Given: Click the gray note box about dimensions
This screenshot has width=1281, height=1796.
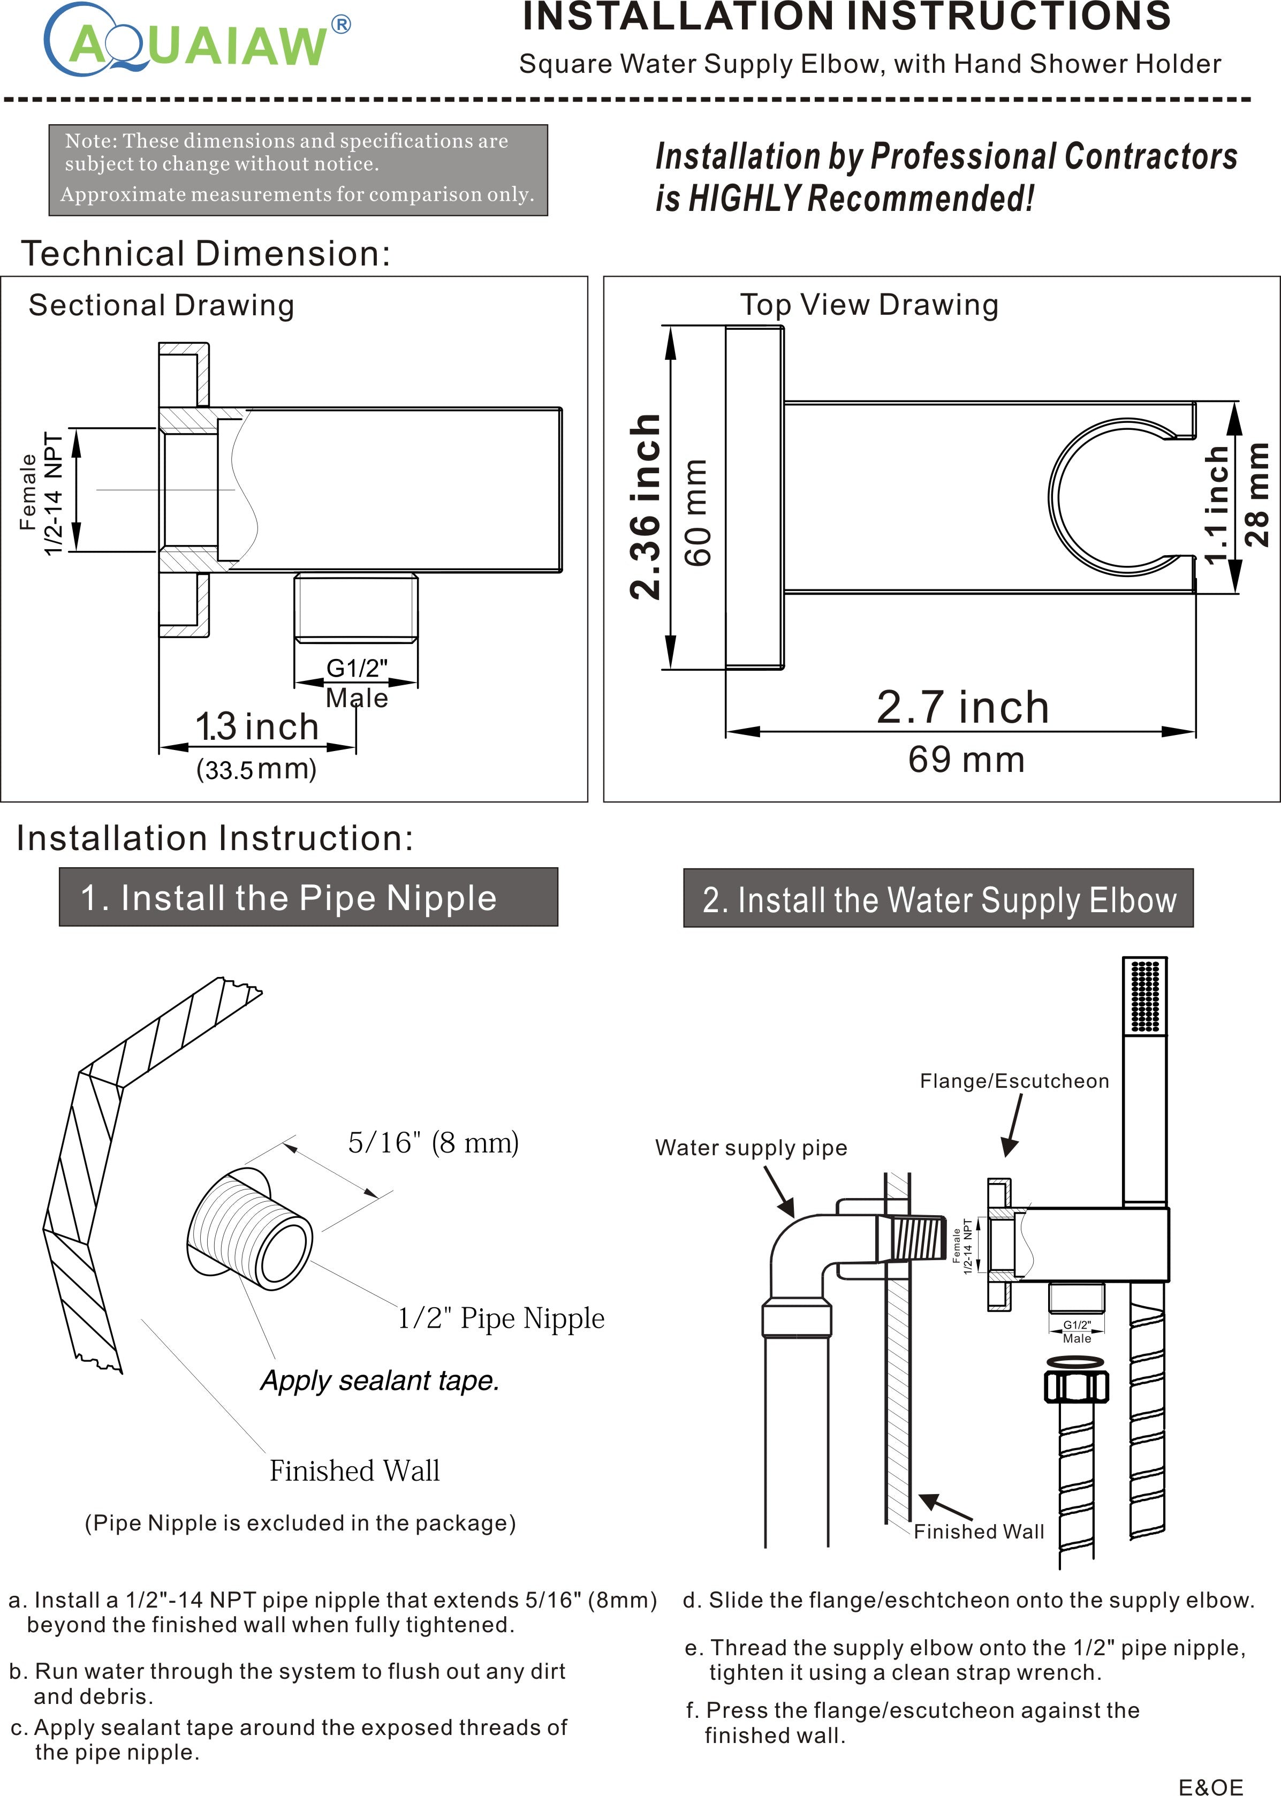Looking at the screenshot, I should [x=298, y=170].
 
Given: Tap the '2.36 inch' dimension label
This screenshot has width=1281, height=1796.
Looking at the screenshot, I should [x=645, y=505].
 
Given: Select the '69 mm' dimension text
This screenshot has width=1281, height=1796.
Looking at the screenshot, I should [x=966, y=760].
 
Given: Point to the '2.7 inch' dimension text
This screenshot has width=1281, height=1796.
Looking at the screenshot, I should [x=962, y=708].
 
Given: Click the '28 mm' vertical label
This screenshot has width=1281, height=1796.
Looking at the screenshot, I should [x=1256, y=495].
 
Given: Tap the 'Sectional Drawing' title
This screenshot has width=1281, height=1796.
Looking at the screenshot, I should [x=161, y=305].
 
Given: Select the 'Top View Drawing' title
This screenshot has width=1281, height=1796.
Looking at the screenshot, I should [x=868, y=305].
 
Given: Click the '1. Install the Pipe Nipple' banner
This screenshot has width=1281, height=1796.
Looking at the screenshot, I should [x=308, y=898].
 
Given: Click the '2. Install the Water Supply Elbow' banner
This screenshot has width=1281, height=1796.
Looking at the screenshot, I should [x=938, y=899].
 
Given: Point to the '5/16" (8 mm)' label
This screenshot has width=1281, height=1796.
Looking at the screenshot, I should [x=433, y=1142].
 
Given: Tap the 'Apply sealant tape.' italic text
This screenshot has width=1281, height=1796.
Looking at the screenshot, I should [x=380, y=1381].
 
